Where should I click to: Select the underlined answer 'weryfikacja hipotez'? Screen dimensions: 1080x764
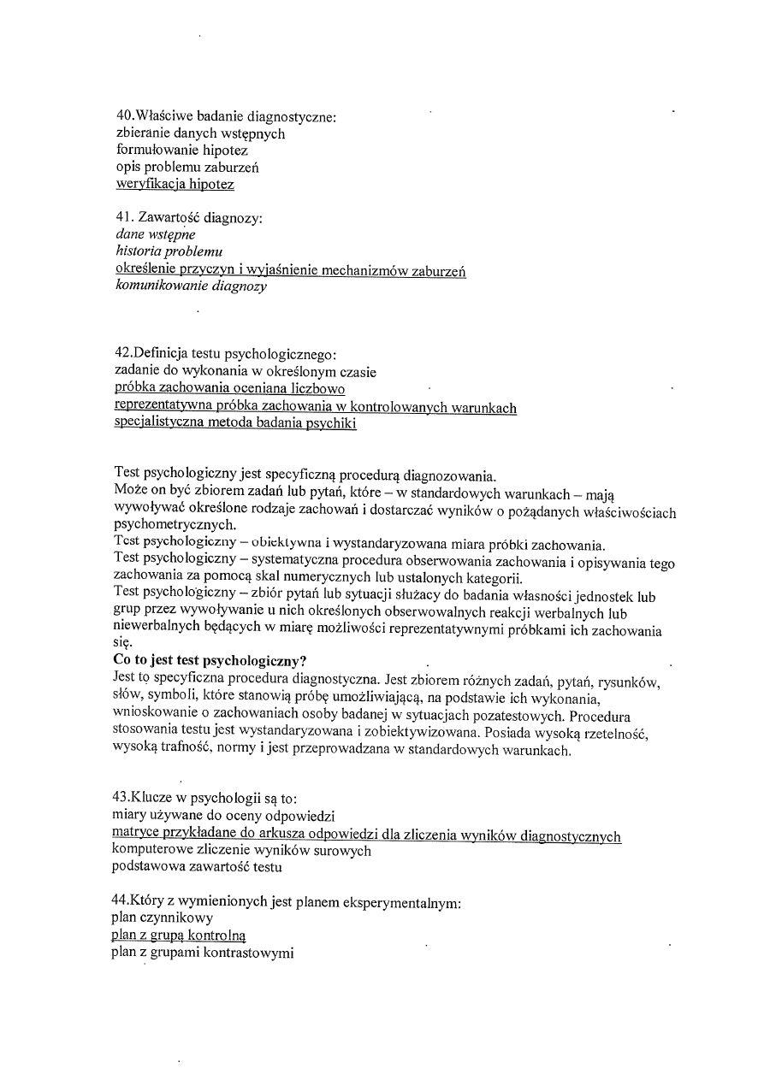tap(175, 183)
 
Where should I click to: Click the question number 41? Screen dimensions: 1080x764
tap(124, 218)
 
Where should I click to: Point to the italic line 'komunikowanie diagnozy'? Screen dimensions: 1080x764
tap(191, 286)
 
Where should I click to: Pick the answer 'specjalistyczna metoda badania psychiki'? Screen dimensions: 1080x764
tap(235, 423)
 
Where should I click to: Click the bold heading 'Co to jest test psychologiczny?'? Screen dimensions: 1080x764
tap(210, 660)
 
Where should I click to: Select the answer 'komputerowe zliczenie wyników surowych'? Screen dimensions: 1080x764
tap(241, 851)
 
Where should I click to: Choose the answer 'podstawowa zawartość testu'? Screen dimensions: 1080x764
tap(197, 868)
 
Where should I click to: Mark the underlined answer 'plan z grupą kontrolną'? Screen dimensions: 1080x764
tap(179, 935)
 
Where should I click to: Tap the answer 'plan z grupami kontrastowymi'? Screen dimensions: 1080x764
tap(203, 953)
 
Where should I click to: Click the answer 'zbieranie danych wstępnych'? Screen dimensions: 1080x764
tap(200, 133)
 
